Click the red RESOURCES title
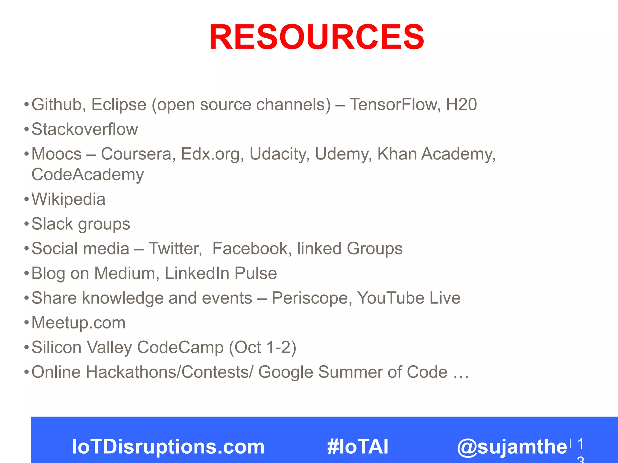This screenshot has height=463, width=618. (317, 37)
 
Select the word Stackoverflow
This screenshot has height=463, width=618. (85, 129)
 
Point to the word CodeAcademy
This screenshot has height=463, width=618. (88, 175)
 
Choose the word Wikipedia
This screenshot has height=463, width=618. (68, 199)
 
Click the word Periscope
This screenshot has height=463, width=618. (312, 298)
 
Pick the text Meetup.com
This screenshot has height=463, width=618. (78, 323)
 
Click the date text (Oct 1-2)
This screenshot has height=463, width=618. (262, 347)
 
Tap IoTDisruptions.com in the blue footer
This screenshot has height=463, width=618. (168, 446)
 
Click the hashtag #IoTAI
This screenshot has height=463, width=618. (358, 446)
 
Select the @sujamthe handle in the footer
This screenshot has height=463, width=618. (512, 446)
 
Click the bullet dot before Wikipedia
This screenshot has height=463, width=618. (27, 199)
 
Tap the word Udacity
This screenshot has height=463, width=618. (279, 154)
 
